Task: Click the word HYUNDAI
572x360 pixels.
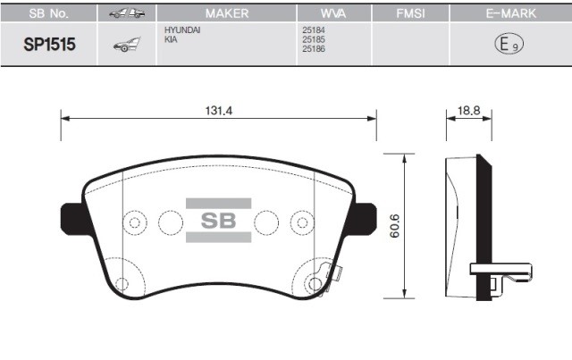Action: (x=182, y=30)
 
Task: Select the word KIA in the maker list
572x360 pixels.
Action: (x=171, y=39)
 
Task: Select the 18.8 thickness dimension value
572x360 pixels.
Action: (x=469, y=111)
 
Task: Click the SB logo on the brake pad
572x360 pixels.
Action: (x=218, y=221)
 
